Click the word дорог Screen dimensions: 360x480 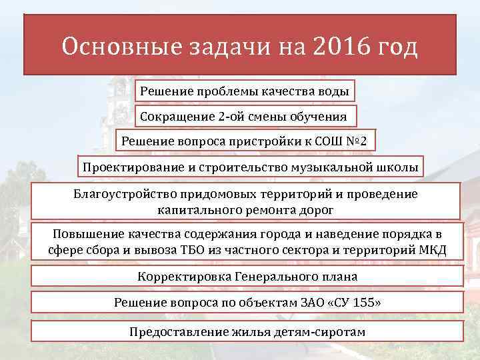(317, 209)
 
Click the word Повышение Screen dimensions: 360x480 (83, 235)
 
